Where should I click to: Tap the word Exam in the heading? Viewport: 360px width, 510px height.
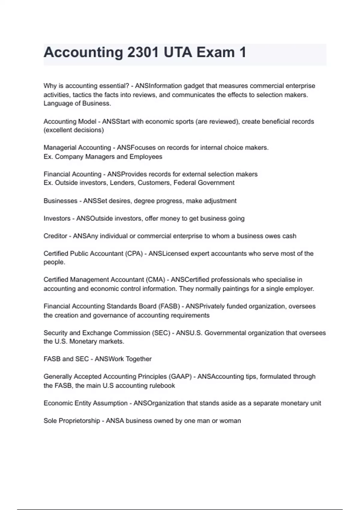pyautogui.click(x=215, y=52)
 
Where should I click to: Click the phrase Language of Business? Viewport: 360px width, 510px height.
pyautogui.click(x=77, y=103)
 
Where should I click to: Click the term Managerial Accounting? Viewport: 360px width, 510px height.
pyautogui.click(x=77, y=148)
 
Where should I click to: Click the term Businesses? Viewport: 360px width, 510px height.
pyautogui.click(x=60, y=201)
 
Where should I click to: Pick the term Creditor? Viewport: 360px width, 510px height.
pyautogui.click(x=55, y=236)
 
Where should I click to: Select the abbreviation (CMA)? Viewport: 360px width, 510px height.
pyautogui.click(x=155, y=280)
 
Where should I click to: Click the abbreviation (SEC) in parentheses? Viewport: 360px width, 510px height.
pyautogui.click(x=161, y=333)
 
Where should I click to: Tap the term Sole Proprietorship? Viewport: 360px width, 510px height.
pyautogui.click(x=72, y=421)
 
